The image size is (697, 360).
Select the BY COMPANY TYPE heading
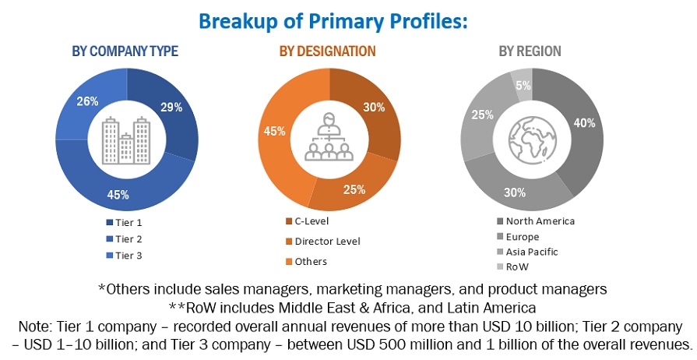[125, 51]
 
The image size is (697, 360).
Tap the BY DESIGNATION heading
[327, 51]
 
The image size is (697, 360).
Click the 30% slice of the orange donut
[373, 109]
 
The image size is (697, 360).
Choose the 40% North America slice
[583, 124]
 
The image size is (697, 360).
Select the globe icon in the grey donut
[530, 139]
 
